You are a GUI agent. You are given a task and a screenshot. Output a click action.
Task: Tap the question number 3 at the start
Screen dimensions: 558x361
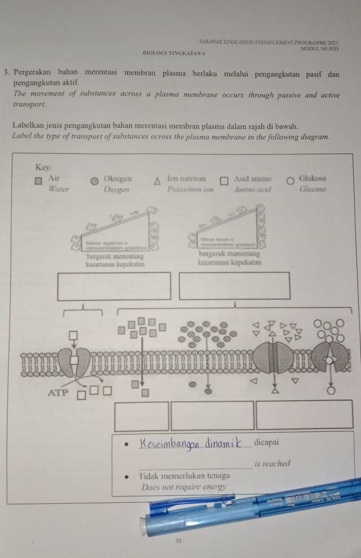coord(5,73)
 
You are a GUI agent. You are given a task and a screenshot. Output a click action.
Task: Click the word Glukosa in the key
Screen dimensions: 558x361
coord(312,178)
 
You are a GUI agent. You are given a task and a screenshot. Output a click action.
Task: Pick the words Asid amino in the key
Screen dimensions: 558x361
coord(252,179)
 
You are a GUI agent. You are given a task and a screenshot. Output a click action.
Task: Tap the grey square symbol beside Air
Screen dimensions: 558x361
coord(39,182)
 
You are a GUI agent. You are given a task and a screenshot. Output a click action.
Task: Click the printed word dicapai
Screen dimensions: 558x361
coord(267,441)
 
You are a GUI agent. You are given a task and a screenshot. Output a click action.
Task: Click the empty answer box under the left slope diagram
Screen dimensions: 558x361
coord(114,286)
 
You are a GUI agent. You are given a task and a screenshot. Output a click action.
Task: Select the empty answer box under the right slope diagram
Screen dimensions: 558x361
coord(235,286)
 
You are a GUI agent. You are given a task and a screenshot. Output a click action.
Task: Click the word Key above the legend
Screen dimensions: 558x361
coord(44,167)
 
